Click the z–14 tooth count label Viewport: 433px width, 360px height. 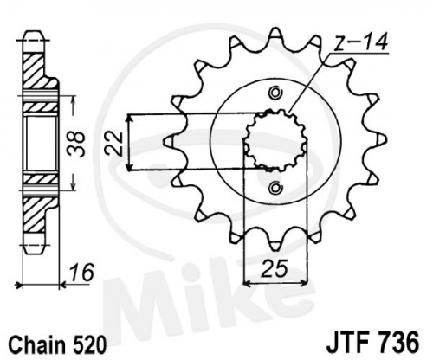click(362, 43)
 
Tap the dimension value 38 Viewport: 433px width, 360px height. click(76, 144)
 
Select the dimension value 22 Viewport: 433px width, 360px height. click(113, 143)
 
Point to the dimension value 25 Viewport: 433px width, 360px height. click(275, 268)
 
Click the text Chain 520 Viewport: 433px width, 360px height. click(57, 344)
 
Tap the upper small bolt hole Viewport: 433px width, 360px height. click(275, 93)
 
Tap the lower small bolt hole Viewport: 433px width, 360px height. click(275, 188)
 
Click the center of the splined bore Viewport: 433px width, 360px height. click(275, 140)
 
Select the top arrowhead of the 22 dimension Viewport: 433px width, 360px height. click(130, 118)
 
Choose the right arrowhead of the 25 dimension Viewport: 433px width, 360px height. click(304, 284)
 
